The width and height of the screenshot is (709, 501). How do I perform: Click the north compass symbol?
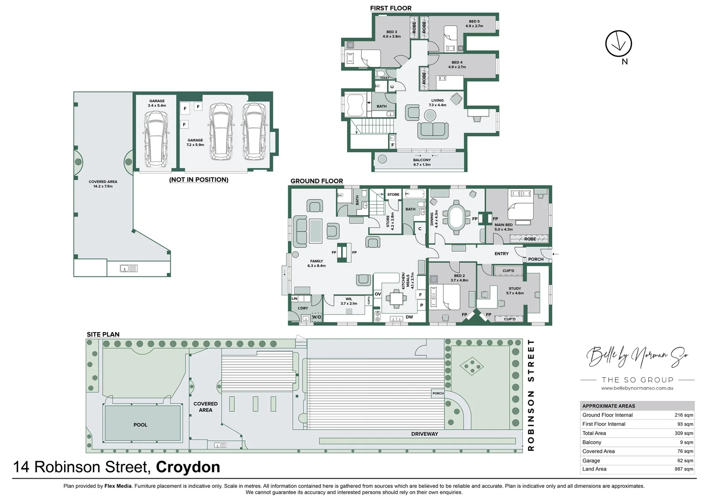pyautogui.click(x=619, y=44)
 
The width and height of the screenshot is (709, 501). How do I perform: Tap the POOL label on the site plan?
pyautogui.click(x=140, y=424)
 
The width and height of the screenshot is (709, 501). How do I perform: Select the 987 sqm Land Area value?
pyautogui.click(x=684, y=469)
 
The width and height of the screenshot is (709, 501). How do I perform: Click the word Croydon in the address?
pyautogui.click(x=188, y=467)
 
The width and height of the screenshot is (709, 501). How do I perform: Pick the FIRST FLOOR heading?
pyautogui.click(x=391, y=8)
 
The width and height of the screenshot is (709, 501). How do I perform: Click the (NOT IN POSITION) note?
pyautogui.click(x=199, y=180)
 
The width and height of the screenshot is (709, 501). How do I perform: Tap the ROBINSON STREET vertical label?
pyautogui.click(x=531, y=395)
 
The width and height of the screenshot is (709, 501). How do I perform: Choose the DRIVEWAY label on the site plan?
pyautogui.click(x=425, y=434)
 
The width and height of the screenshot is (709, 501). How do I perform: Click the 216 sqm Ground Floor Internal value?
pyautogui.click(x=684, y=415)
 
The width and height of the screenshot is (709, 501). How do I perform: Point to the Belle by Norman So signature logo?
pyautogui.click(x=637, y=356)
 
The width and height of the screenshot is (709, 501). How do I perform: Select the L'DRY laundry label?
pyautogui.click(x=303, y=308)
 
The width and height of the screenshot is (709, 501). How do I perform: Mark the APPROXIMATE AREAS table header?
pyautogui.click(x=609, y=406)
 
